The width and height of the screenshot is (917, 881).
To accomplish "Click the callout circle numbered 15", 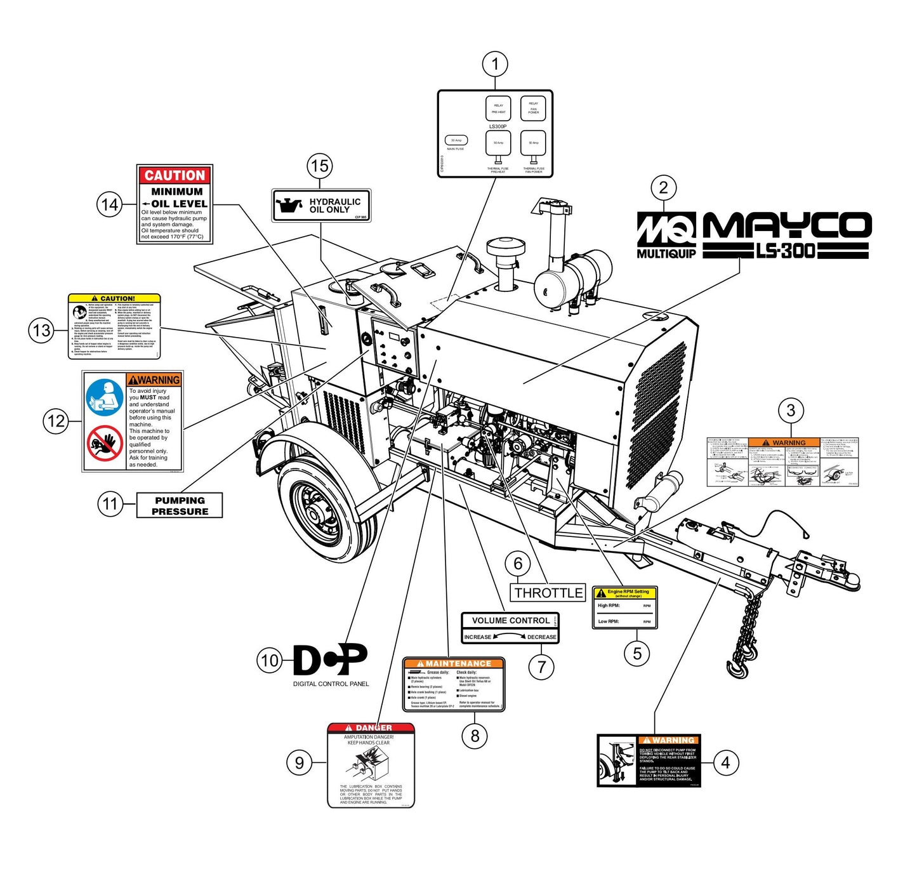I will pyautogui.click(x=320, y=166).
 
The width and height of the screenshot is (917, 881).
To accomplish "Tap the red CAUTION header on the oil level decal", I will pyautogui.click(x=175, y=175).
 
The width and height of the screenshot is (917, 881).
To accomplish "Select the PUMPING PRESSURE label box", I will pyautogui.click(x=180, y=506).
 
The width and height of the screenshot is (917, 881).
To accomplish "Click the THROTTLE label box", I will pyautogui.click(x=548, y=593).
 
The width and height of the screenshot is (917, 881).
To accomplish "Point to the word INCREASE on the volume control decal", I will pyautogui.click(x=478, y=637).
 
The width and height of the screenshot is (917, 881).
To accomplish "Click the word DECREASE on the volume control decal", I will pyautogui.click(x=541, y=637).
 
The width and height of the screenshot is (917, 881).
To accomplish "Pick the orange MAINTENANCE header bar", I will pyautogui.click(x=454, y=663).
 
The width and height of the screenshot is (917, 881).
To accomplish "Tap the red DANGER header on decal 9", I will pyautogui.click(x=371, y=727).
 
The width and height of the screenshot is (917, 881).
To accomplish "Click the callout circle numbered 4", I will pyautogui.click(x=726, y=762).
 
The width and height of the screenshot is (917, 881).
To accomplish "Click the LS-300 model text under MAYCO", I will pyautogui.click(x=785, y=251).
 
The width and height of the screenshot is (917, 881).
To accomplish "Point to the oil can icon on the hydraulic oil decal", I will pyautogui.click(x=289, y=206).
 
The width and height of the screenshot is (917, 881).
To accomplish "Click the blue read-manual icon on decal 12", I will pyautogui.click(x=105, y=398).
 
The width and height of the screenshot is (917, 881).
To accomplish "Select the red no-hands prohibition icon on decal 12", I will pyautogui.click(x=105, y=442).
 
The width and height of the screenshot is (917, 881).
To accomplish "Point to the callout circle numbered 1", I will pyautogui.click(x=495, y=64).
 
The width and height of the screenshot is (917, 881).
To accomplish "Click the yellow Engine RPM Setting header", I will pyautogui.click(x=624, y=593).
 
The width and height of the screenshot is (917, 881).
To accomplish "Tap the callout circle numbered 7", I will pyautogui.click(x=541, y=667).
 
